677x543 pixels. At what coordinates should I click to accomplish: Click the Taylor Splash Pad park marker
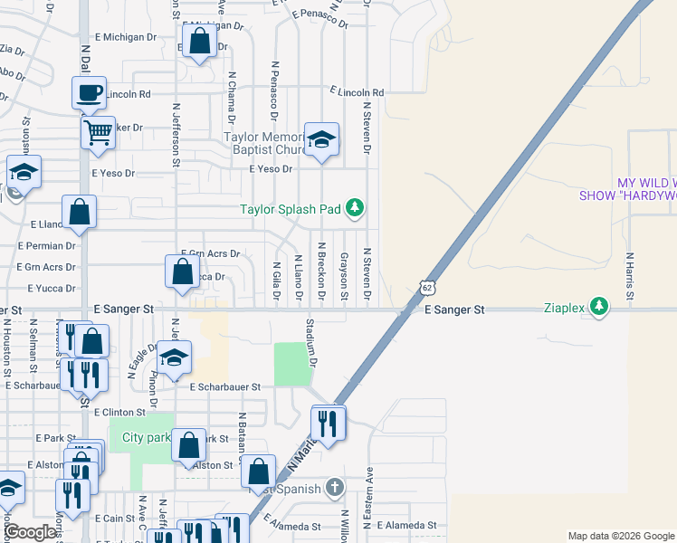356,209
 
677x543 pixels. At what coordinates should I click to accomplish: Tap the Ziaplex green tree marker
598,307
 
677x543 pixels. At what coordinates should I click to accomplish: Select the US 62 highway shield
426,288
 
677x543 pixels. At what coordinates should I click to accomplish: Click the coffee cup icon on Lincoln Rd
90,92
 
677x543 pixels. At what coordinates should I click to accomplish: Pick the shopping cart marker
98,133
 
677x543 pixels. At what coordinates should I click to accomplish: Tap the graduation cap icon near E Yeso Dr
321,140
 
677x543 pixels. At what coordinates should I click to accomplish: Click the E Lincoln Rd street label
357,92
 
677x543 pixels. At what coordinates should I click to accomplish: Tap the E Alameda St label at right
406,525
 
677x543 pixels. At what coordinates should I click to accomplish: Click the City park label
146,438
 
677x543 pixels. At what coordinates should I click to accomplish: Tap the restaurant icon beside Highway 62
328,423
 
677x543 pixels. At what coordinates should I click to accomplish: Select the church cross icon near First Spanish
334,489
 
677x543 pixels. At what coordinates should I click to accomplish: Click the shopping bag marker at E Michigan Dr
199,41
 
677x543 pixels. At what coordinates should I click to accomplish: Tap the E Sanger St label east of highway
455,310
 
